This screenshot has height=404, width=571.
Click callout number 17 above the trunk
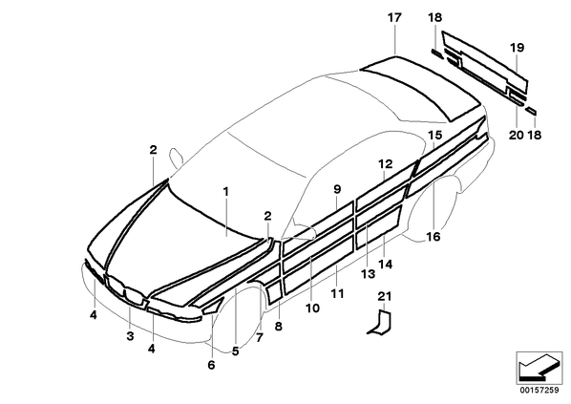tap(394, 17)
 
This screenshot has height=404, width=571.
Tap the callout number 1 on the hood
tap(225, 192)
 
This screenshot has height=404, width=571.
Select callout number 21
tap(385, 296)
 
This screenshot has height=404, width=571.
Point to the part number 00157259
tap(539, 391)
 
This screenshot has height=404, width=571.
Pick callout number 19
tap(518, 48)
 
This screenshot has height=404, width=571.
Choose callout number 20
tap(516, 136)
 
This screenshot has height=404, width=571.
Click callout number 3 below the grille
tap(130, 336)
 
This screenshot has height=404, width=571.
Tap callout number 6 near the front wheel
tap(212, 364)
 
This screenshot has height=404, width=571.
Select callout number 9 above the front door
tap(337, 189)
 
